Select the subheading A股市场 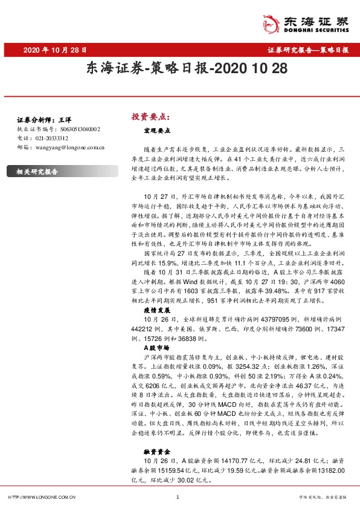click(x=155, y=349)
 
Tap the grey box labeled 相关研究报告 click(x=37, y=172)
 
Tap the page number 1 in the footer click(x=178, y=497)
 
